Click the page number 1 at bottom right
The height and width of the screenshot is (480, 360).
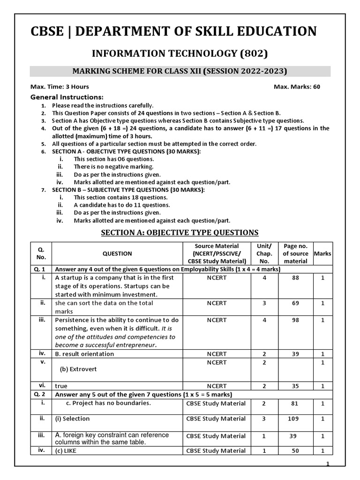(328, 464)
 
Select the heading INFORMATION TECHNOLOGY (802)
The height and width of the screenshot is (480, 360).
(180, 53)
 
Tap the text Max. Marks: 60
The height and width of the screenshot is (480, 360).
(297, 87)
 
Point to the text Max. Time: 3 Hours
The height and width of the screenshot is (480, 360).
(60, 87)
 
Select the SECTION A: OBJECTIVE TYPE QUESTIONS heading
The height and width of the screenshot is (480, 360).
(180, 232)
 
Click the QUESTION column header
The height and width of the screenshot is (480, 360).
(117, 254)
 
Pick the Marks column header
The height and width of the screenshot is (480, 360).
(322, 254)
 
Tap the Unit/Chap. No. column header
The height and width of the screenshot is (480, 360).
(264, 254)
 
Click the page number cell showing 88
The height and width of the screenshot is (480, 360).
(296, 277)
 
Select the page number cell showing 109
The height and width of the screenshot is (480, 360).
(296, 419)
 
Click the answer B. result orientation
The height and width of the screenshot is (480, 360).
(84, 354)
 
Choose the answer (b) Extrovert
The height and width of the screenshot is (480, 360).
(78, 369)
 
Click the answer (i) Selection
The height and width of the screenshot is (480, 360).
(72, 419)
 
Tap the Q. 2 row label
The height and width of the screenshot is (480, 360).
(39, 394)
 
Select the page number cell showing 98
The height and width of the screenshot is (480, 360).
(296, 320)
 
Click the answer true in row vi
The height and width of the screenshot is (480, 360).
(61, 386)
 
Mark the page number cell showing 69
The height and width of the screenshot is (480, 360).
(296, 303)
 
